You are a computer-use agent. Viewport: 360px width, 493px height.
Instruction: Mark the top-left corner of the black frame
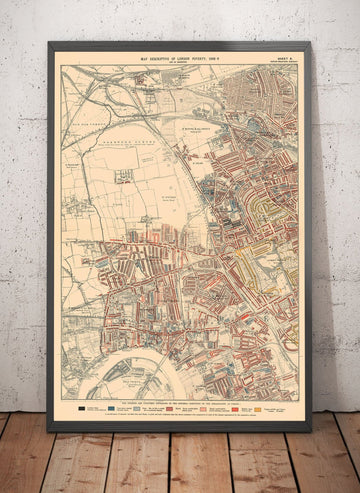pos(49,43)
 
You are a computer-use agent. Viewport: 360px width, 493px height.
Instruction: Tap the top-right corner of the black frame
pos(310,43)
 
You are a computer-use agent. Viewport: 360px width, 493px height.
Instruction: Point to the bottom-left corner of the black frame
pos(49,430)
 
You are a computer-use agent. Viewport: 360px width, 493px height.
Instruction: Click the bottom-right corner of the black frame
pos(310,430)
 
